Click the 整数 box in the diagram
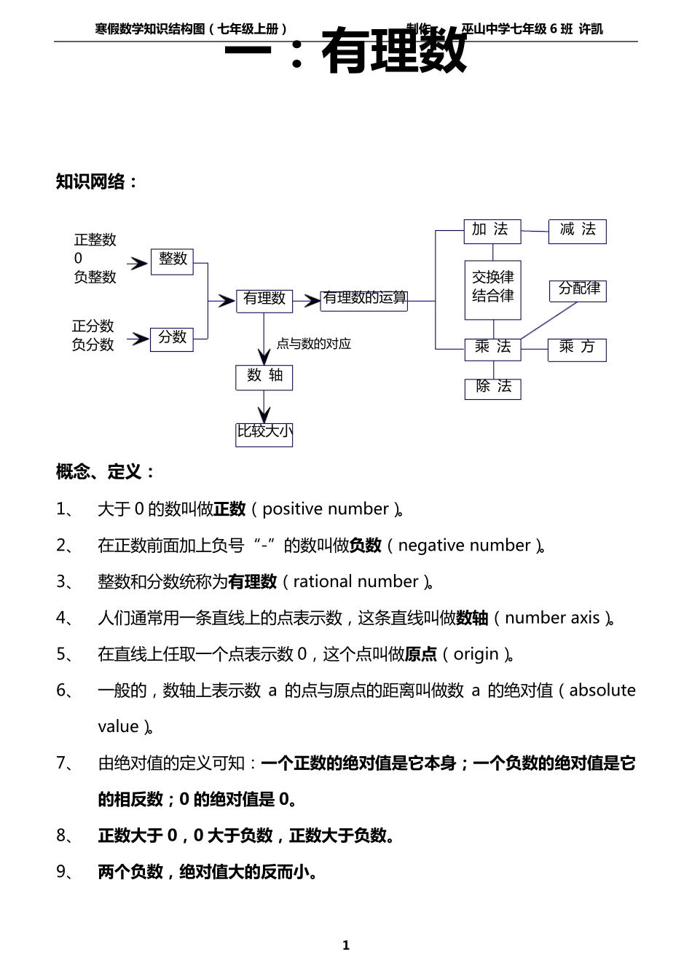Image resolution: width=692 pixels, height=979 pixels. coord(172,261)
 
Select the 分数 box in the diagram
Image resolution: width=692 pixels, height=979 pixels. coord(172,339)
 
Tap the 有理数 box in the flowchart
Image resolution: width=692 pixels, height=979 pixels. coord(264,300)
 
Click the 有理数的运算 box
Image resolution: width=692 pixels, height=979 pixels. coord(364,299)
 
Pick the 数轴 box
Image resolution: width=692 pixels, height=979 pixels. coord(264,377)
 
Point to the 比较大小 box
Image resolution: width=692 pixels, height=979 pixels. coord(264,433)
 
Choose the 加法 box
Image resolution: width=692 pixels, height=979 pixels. coord(492,231)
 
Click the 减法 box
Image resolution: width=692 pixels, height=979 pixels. coord(578,231)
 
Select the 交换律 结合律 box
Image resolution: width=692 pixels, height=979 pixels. coord(493,289)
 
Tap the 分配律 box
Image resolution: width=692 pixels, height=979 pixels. coord(578,290)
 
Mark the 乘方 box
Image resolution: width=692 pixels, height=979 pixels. coord(577,349)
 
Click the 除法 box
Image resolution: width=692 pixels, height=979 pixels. coord(493,388)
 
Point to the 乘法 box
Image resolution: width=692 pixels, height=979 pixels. coord(493,349)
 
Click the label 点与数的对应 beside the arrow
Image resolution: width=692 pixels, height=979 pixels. coord(313,344)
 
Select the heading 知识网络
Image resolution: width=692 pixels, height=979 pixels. coord(97,182)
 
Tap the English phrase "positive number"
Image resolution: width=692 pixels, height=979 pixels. coord(326,509)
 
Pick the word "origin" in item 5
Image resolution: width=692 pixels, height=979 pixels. coord(476,654)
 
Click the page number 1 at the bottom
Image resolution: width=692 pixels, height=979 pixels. coord(346,945)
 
